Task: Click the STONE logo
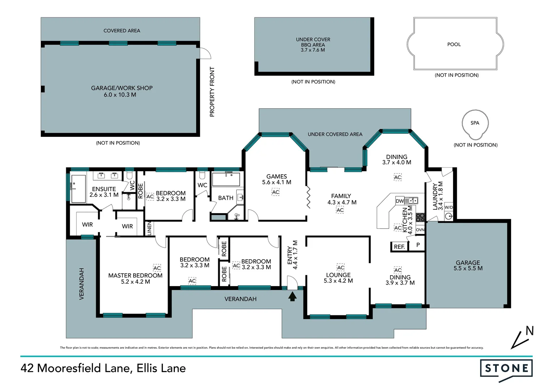(506, 369)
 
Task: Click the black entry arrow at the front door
(292, 297)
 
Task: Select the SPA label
(475, 123)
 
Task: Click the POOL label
(454, 45)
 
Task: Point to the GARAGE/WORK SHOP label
(122, 88)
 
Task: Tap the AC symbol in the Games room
(275, 192)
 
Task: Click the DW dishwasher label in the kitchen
(400, 201)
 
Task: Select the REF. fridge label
(399, 247)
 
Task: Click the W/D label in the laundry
(448, 207)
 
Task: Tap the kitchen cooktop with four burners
(420, 217)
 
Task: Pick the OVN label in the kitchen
(420, 230)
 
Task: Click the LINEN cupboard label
(149, 228)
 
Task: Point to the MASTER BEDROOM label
(135, 276)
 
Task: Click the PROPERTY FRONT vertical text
(212, 92)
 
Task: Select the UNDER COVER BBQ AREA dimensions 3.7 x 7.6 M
(313, 50)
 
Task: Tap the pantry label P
(418, 245)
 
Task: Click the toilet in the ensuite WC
(129, 176)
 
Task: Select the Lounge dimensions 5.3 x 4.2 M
(338, 281)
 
